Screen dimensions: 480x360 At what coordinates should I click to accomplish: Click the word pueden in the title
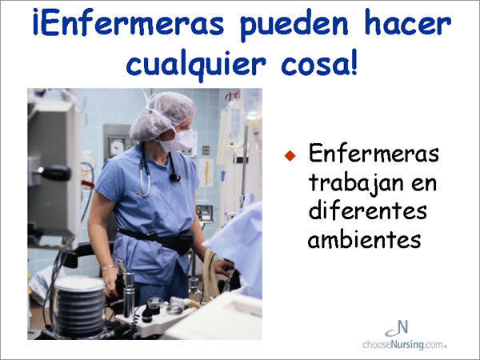click(294, 25)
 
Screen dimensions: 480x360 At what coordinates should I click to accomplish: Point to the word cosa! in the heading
click(319, 62)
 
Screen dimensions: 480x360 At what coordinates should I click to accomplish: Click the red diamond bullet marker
click(290, 155)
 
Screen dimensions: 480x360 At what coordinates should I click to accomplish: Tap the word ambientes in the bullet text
click(364, 238)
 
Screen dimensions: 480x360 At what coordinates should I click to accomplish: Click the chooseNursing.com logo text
click(405, 344)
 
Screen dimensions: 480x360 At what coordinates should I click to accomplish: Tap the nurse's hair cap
click(162, 116)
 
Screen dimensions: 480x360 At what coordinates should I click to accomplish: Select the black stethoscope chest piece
click(174, 178)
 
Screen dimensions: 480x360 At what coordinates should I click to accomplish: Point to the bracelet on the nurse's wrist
click(108, 268)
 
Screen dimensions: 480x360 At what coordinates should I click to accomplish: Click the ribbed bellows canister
click(79, 306)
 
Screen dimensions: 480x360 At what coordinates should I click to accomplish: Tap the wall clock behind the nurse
click(117, 146)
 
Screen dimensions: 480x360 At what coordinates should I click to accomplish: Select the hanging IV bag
click(234, 128)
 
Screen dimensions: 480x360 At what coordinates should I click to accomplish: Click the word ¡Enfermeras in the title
click(129, 22)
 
